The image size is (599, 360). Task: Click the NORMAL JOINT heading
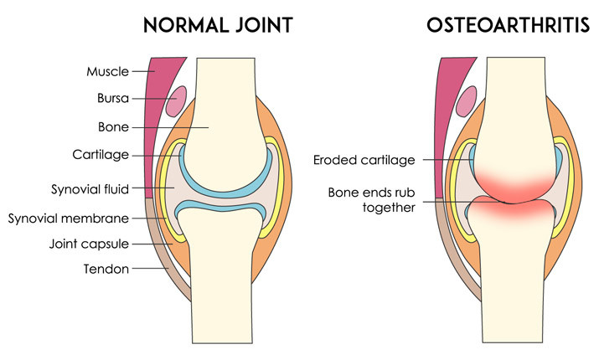click(219, 25)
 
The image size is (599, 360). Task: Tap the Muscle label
click(107, 71)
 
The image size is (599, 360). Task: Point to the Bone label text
click(112, 128)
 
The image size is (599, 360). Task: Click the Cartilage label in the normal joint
click(103, 156)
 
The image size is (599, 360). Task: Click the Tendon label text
click(106, 269)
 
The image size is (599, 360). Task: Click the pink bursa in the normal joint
click(175, 102)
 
